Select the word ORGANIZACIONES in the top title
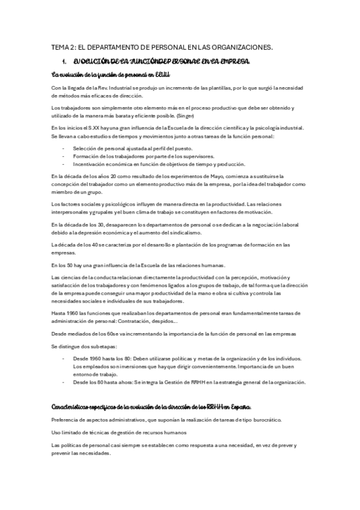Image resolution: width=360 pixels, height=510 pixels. coord(242,46)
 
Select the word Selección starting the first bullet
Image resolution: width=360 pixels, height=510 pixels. coord(86,147)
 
